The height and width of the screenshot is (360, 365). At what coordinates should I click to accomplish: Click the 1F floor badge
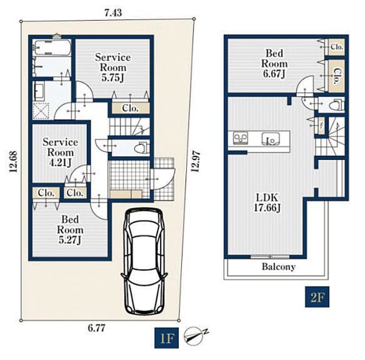tap(167, 338)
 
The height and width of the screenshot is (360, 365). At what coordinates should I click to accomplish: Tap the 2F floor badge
tap(317, 297)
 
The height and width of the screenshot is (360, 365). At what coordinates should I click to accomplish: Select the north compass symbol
tap(195, 336)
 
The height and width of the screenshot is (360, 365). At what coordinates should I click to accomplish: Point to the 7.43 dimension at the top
tap(113, 13)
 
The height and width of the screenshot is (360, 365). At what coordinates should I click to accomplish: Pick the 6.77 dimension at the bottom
tap(97, 328)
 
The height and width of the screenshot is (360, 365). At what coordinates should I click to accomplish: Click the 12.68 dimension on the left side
tap(13, 162)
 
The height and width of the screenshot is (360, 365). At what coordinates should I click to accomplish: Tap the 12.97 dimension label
tap(195, 161)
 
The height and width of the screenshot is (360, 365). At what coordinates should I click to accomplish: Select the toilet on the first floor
tap(142, 148)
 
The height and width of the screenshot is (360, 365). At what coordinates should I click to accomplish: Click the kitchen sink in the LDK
tap(271, 139)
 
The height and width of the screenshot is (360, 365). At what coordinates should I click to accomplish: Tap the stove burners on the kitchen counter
tap(240, 138)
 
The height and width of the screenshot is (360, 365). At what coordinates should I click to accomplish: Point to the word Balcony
tap(279, 267)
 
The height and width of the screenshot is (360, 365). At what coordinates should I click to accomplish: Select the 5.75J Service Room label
tap(113, 67)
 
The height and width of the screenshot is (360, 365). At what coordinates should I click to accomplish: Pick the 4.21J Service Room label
tap(60, 153)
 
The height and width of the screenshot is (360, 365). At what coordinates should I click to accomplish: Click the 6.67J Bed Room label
tap(274, 63)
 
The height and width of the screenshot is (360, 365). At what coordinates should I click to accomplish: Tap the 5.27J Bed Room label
tap(70, 230)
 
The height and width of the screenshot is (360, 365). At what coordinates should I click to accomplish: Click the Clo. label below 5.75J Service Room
tap(130, 108)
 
